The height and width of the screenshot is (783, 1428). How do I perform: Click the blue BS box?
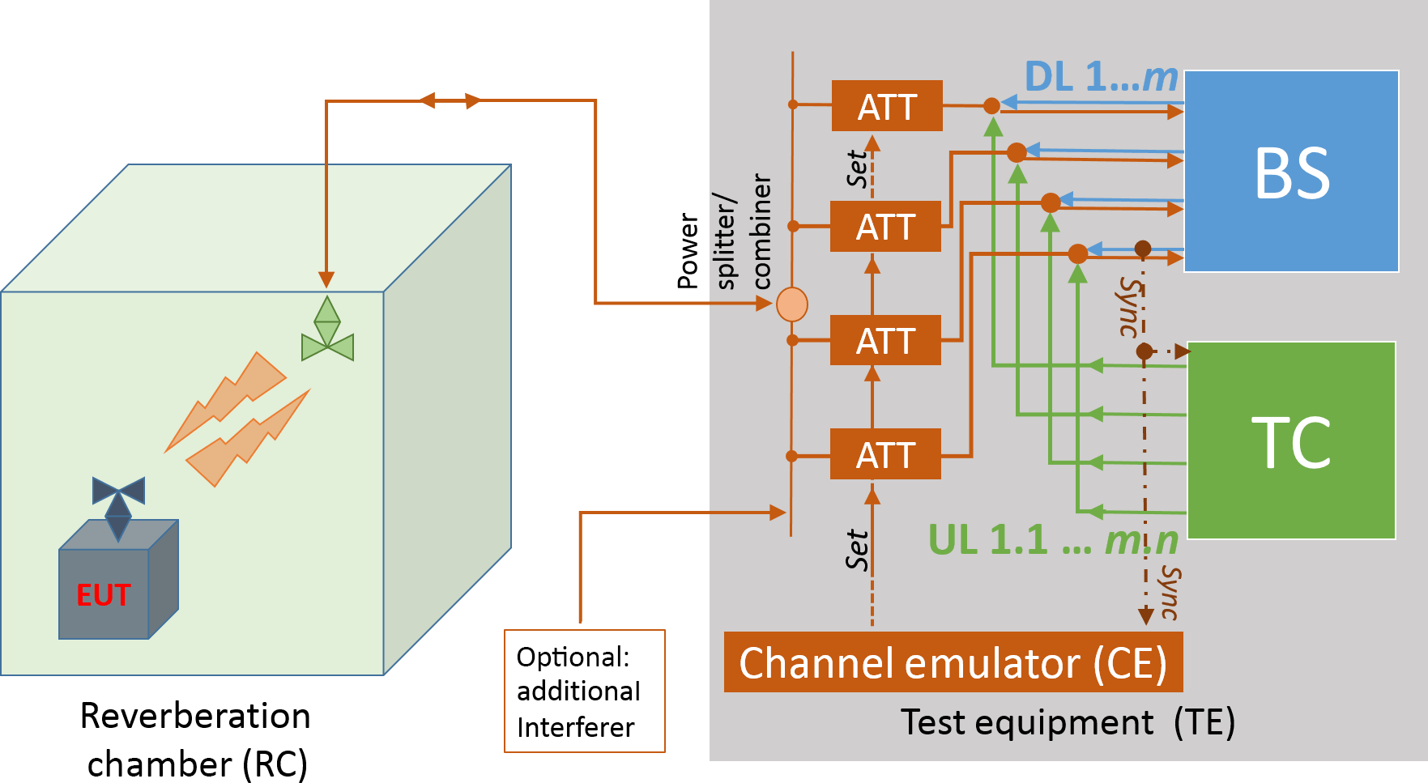click(x=1291, y=171)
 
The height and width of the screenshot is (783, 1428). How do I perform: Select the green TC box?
click(x=1291, y=440)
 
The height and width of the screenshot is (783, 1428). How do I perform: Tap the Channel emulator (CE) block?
click(x=953, y=662)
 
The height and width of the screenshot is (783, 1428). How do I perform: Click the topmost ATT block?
click(x=887, y=106)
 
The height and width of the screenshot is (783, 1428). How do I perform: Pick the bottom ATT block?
click(x=885, y=454)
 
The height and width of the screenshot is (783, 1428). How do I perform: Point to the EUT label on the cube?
click(x=103, y=595)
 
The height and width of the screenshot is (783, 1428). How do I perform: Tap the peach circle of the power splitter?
click(x=792, y=304)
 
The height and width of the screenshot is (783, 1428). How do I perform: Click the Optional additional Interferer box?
click(x=584, y=691)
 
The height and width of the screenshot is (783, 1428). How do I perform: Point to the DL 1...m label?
click(x=1100, y=78)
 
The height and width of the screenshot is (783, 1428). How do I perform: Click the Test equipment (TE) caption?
click(x=1068, y=721)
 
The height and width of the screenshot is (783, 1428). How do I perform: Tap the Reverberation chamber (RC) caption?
click(x=196, y=740)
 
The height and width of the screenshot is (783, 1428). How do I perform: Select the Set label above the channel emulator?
click(x=856, y=551)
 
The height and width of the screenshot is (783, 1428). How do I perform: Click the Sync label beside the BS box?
click(x=1129, y=306)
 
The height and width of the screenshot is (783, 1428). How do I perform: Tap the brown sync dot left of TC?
click(x=1144, y=351)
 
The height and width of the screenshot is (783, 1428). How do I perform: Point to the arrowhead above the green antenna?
click(x=326, y=280)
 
